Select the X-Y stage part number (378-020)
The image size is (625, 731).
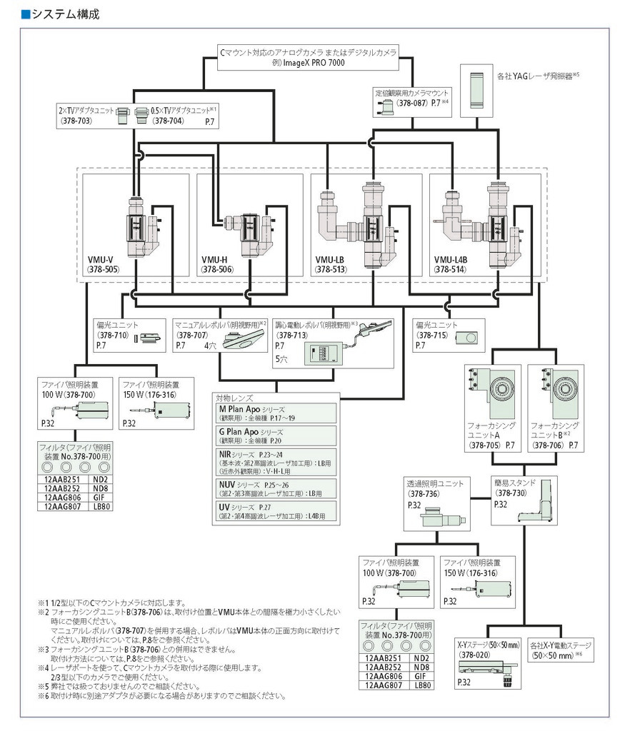pyautogui.click(x=474, y=655)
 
